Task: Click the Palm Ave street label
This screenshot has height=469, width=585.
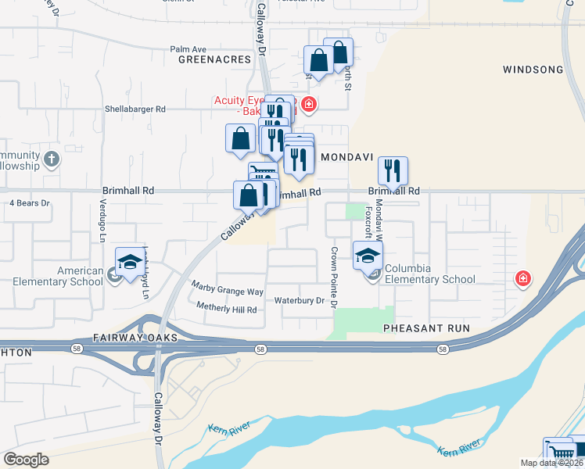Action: click(188, 48)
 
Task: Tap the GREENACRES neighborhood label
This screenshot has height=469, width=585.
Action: click(214, 59)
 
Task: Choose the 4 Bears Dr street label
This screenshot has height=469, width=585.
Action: click(29, 203)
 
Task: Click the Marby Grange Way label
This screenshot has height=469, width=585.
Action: click(228, 292)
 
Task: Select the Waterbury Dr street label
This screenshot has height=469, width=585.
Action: click(299, 300)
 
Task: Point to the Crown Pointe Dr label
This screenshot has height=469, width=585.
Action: click(334, 276)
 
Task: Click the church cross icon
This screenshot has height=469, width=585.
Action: click(52, 159)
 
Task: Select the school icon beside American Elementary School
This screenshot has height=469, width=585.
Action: click(131, 261)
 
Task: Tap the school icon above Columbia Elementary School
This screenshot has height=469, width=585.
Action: click(368, 255)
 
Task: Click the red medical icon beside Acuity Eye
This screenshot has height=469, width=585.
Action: click(310, 104)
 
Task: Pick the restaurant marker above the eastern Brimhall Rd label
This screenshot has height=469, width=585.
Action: click(393, 171)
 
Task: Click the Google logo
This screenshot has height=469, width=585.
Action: click(26, 460)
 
